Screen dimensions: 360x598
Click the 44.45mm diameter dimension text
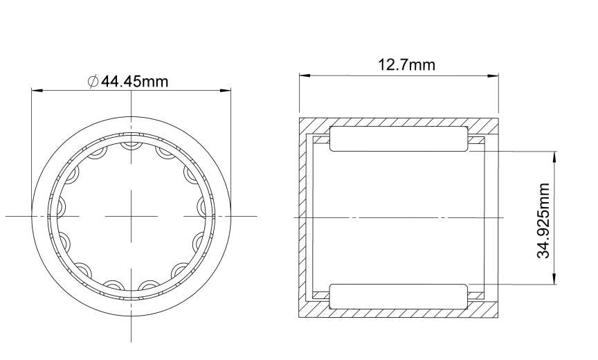tap(135, 81)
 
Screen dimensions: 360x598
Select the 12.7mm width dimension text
tap(406, 65)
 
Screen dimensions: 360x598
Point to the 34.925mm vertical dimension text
tap(544, 220)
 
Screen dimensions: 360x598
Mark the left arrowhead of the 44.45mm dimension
tap(37, 90)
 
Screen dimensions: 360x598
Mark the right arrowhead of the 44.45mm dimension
tap(225, 90)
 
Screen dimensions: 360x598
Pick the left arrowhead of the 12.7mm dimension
tap(304, 74)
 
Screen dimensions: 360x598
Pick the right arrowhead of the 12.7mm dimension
tap(493, 74)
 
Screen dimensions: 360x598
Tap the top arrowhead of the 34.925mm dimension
tap(554, 156)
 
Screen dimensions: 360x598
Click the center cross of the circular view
tap(132, 217)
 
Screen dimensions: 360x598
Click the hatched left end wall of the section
tap(303, 217)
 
